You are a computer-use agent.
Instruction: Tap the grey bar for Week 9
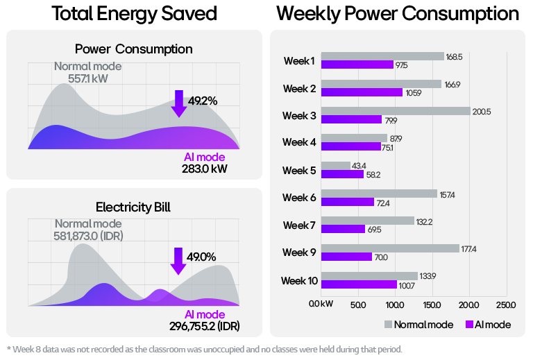point(391,248)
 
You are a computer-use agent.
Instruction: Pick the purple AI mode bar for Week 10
point(359,284)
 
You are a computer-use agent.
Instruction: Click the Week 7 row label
point(299,225)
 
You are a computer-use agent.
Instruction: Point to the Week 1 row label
point(299,61)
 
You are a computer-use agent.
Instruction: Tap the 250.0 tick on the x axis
point(506,305)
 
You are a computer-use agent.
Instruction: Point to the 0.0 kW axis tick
point(322,305)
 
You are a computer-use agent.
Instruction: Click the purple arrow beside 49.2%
point(179,103)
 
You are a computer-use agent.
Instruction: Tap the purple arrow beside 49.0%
point(178,259)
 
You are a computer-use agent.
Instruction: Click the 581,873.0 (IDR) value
point(88,236)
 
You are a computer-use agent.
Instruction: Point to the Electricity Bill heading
point(133,207)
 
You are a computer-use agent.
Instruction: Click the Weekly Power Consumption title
point(397,13)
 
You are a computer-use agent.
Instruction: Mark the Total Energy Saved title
point(134,13)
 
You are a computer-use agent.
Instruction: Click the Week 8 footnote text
point(204,349)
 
